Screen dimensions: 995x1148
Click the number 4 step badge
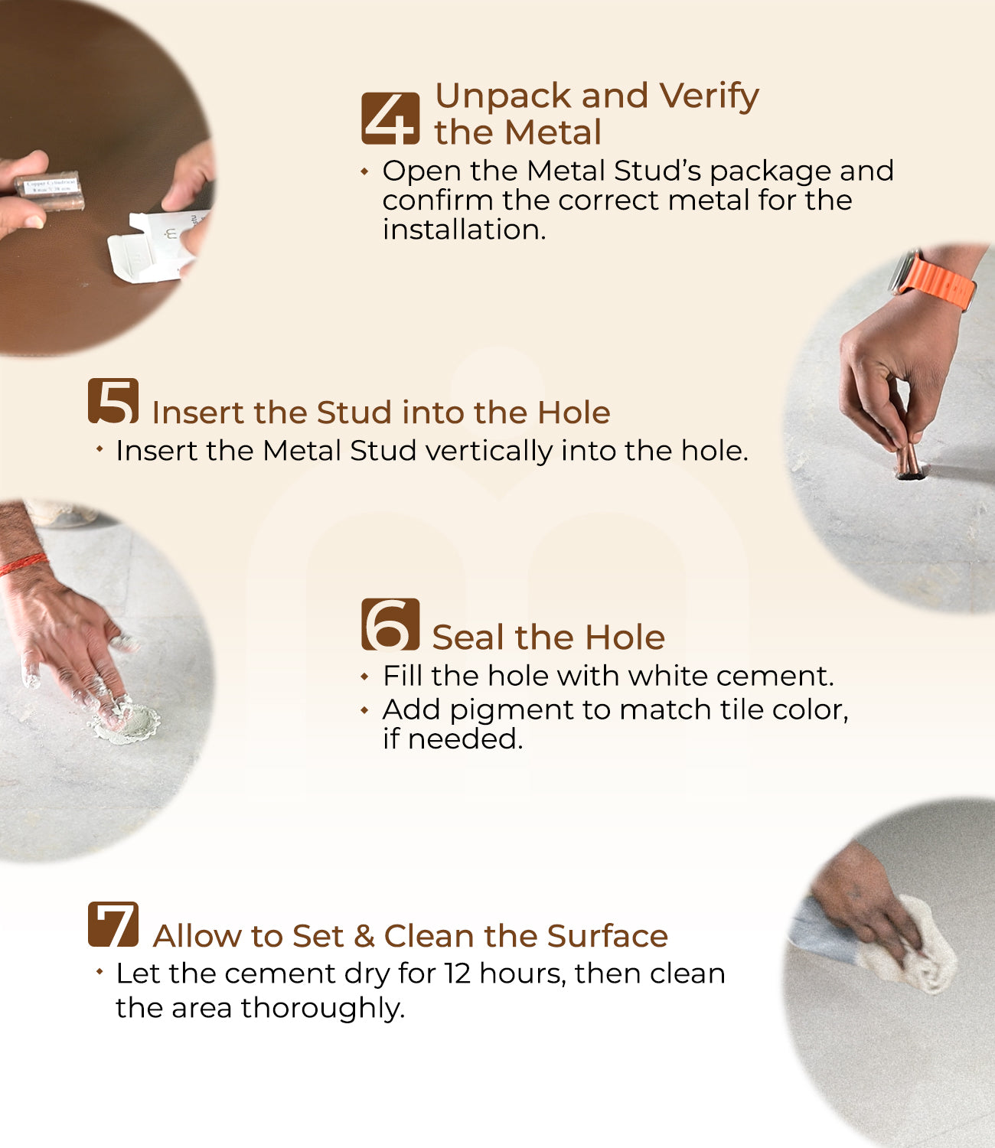tap(390, 119)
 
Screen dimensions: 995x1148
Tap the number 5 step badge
tap(113, 400)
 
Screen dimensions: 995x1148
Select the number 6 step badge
tap(390, 624)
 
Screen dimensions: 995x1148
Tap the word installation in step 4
tap(464, 230)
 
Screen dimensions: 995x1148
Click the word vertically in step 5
tap(488, 451)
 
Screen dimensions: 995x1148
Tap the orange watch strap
tap(938, 282)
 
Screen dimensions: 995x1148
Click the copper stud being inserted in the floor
tap(907, 461)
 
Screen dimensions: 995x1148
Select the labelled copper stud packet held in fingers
tap(50, 191)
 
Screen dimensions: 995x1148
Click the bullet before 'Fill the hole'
tap(364, 677)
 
